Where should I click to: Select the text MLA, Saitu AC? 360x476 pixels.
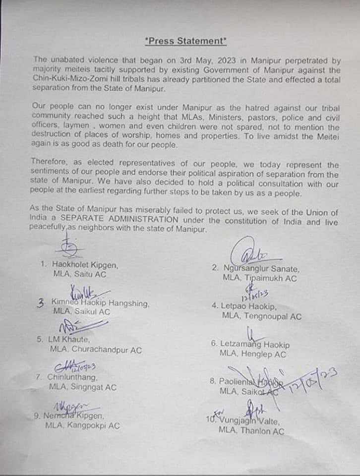tap(79, 274)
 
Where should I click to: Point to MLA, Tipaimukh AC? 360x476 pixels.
tap(260, 279)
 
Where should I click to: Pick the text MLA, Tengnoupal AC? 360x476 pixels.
tap(261, 316)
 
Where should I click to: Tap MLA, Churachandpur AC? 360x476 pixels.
tap(96, 350)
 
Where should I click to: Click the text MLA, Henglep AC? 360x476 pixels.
tap(253, 355)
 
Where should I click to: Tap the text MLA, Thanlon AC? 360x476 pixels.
tap(251, 431)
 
